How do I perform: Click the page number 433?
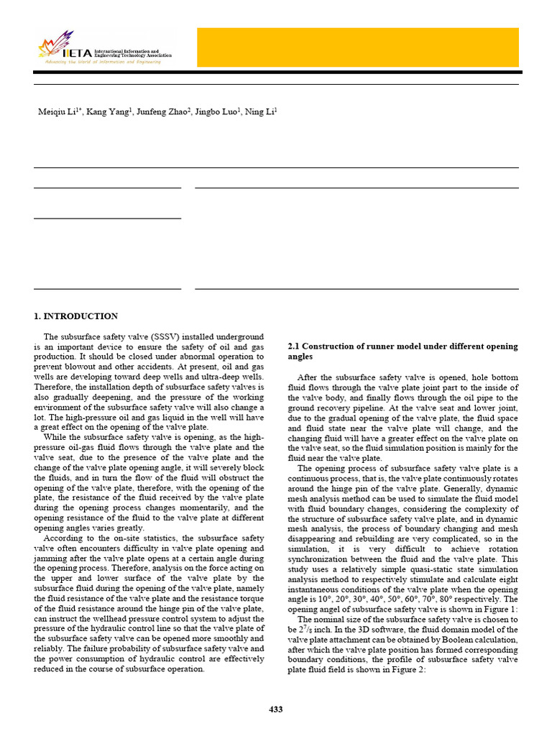(x=276, y=709)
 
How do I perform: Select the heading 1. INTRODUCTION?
(x=76, y=316)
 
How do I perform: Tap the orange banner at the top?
(x=357, y=47)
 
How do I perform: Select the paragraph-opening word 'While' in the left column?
(x=54, y=436)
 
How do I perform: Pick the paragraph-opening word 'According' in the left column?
(x=61, y=538)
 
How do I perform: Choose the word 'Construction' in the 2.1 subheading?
(x=331, y=346)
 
